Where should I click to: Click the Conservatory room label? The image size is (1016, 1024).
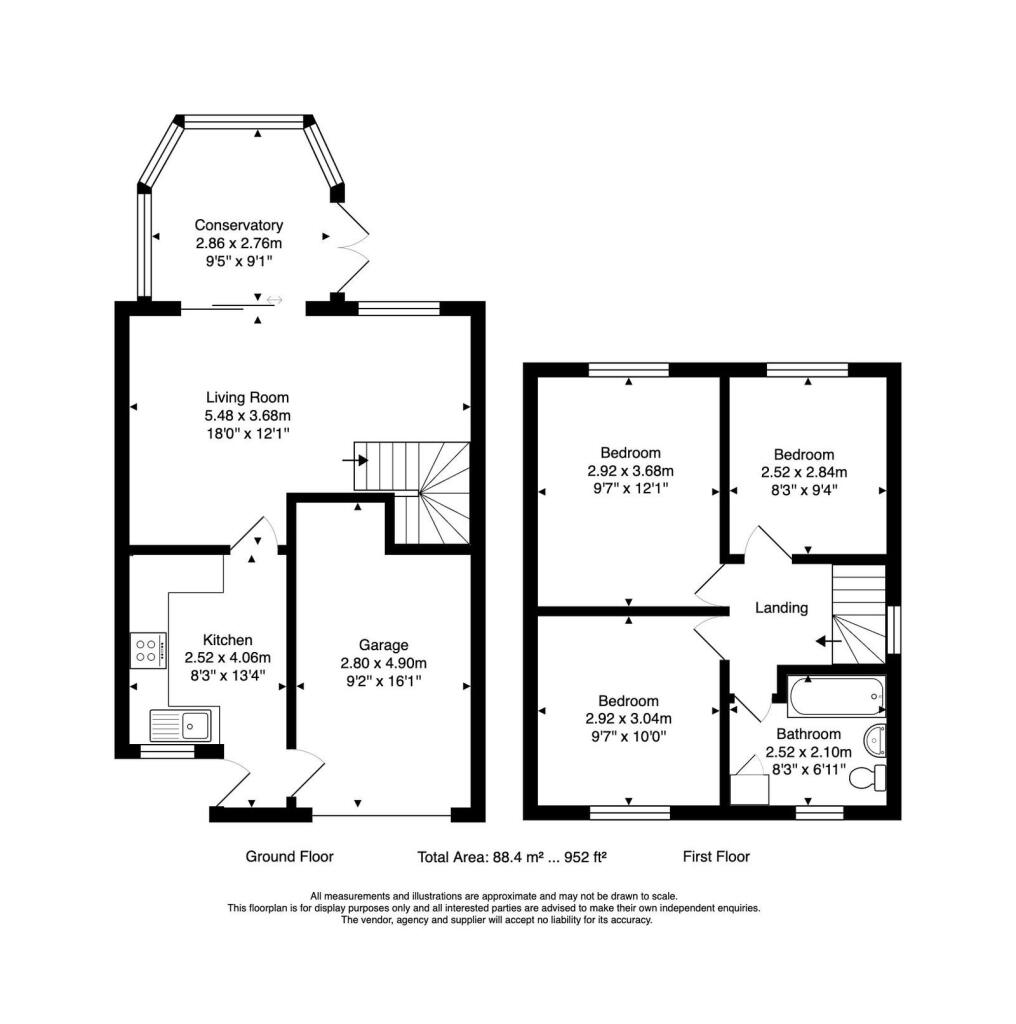238,225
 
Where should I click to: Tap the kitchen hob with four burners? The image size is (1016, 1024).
148,650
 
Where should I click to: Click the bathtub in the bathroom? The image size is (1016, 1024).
836,696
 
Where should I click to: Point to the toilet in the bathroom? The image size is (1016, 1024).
870,777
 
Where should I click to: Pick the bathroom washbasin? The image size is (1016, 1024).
875,740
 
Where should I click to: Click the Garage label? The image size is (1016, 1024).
383,645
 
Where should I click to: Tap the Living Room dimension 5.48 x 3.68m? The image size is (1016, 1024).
247,415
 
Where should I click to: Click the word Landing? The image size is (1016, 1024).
781,608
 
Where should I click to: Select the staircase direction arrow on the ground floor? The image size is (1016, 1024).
355,460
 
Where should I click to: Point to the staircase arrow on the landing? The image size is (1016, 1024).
829,641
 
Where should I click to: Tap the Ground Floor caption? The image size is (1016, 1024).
289,857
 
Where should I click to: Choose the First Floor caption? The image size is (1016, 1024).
716,857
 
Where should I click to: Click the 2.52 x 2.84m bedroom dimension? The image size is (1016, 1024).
804,472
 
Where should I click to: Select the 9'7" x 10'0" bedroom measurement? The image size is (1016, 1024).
628,737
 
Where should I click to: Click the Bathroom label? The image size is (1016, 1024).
808,734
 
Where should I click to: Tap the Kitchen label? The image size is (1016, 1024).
227,640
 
